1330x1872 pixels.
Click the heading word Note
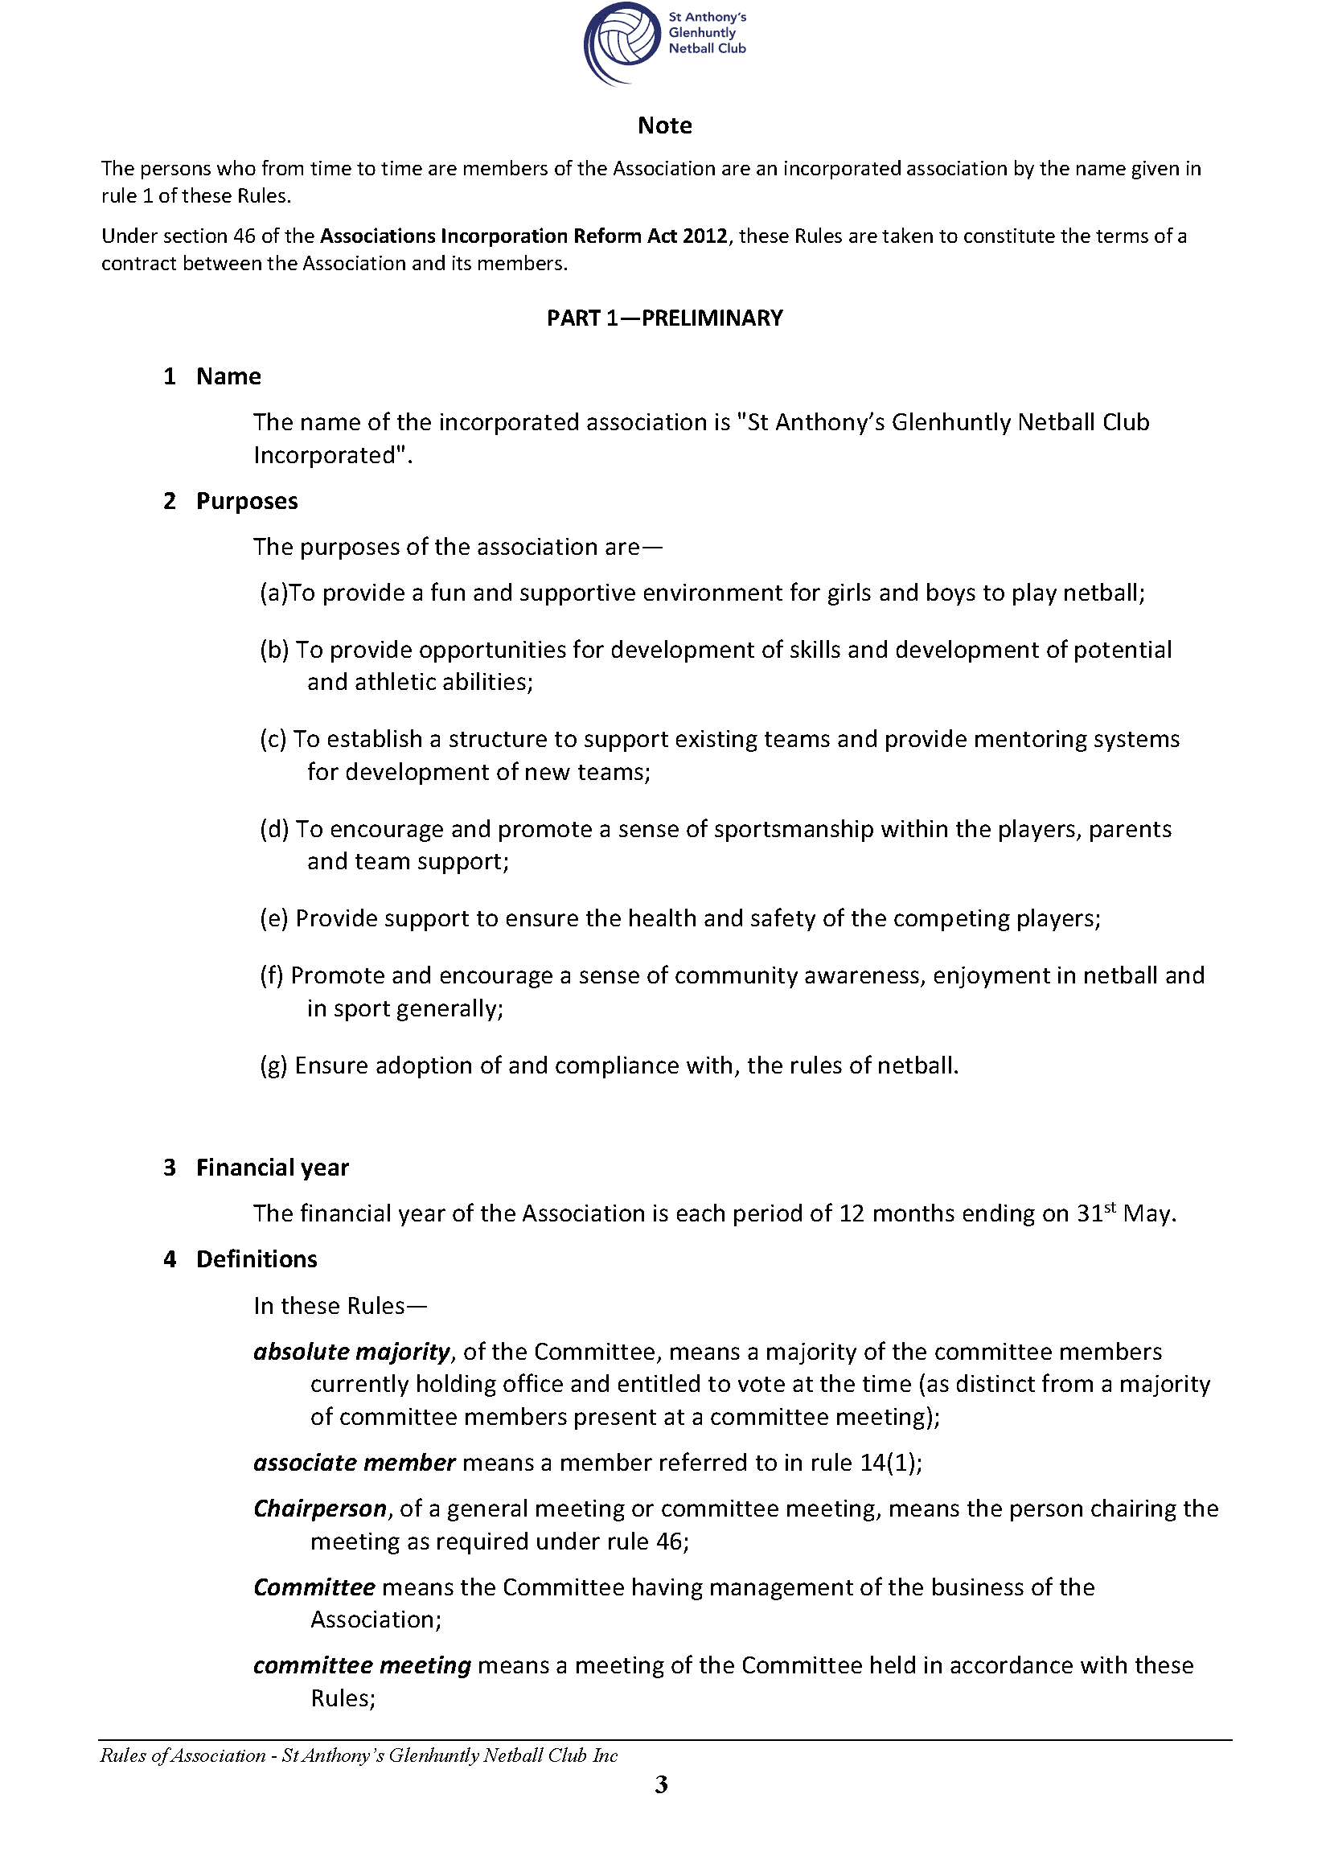(x=664, y=125)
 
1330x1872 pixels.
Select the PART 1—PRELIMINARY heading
(x=664, y=318)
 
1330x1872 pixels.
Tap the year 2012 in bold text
(x=704, y=236)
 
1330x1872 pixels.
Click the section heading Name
(x=228, y=376)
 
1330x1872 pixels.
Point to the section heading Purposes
(x=247, y=501)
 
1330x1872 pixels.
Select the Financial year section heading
(x=272, y=1167)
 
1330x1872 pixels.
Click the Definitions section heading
(x=257, y=1258)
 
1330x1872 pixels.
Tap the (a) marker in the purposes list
(x=273, y=592)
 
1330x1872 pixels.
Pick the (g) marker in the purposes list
(x=273, y=1065)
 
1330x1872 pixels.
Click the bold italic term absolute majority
(x=351, y=1351)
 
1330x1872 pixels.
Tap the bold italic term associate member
(x=354, y=1463)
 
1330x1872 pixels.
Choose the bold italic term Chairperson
(x=319, y=1509)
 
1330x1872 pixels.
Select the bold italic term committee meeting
(x=362, y=1665)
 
